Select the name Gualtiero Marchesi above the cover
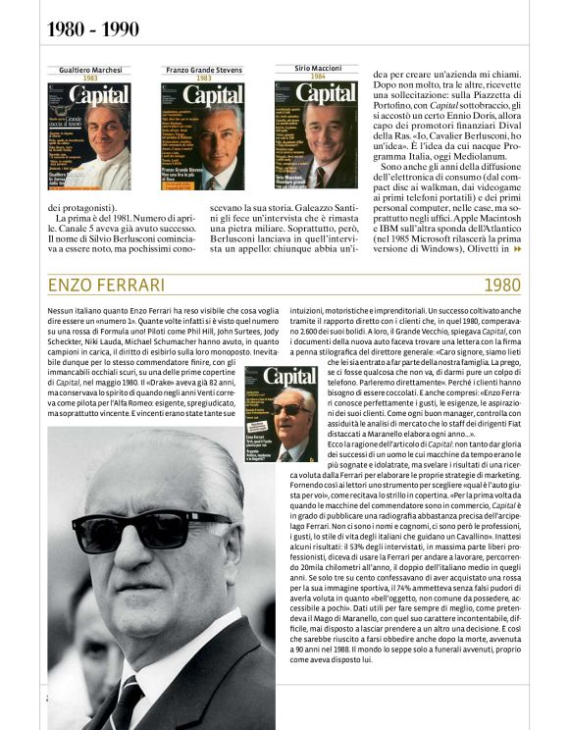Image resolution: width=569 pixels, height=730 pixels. [89, 70]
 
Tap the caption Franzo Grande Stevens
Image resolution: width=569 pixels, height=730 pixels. [203, 70]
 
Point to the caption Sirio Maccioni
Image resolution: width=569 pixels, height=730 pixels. [317, 68]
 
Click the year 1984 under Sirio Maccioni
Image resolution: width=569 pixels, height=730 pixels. [317, 76]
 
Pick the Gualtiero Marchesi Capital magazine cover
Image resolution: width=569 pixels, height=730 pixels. [89, 136]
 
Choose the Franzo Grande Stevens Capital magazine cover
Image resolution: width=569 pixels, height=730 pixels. [203, 136]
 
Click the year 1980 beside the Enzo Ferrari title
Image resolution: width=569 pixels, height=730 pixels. [502, 286]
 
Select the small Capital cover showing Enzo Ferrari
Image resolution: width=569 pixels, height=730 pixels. [281, 413]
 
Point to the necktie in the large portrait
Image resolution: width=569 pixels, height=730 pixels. [127, 702]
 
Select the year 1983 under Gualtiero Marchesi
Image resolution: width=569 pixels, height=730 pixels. [89, 78]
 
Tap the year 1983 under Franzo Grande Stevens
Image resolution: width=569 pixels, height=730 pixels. [203, 78]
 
